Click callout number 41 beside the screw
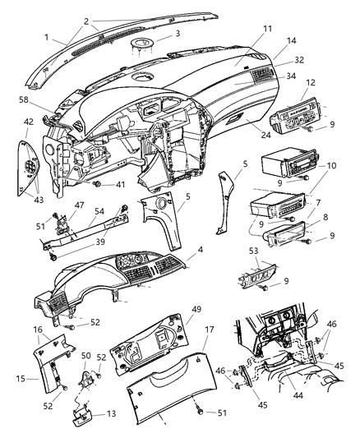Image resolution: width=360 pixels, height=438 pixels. click(x=120, y=186)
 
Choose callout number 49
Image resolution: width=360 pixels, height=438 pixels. click(x=173, y=309)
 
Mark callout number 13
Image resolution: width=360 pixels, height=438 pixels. click(x=111, y=414)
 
